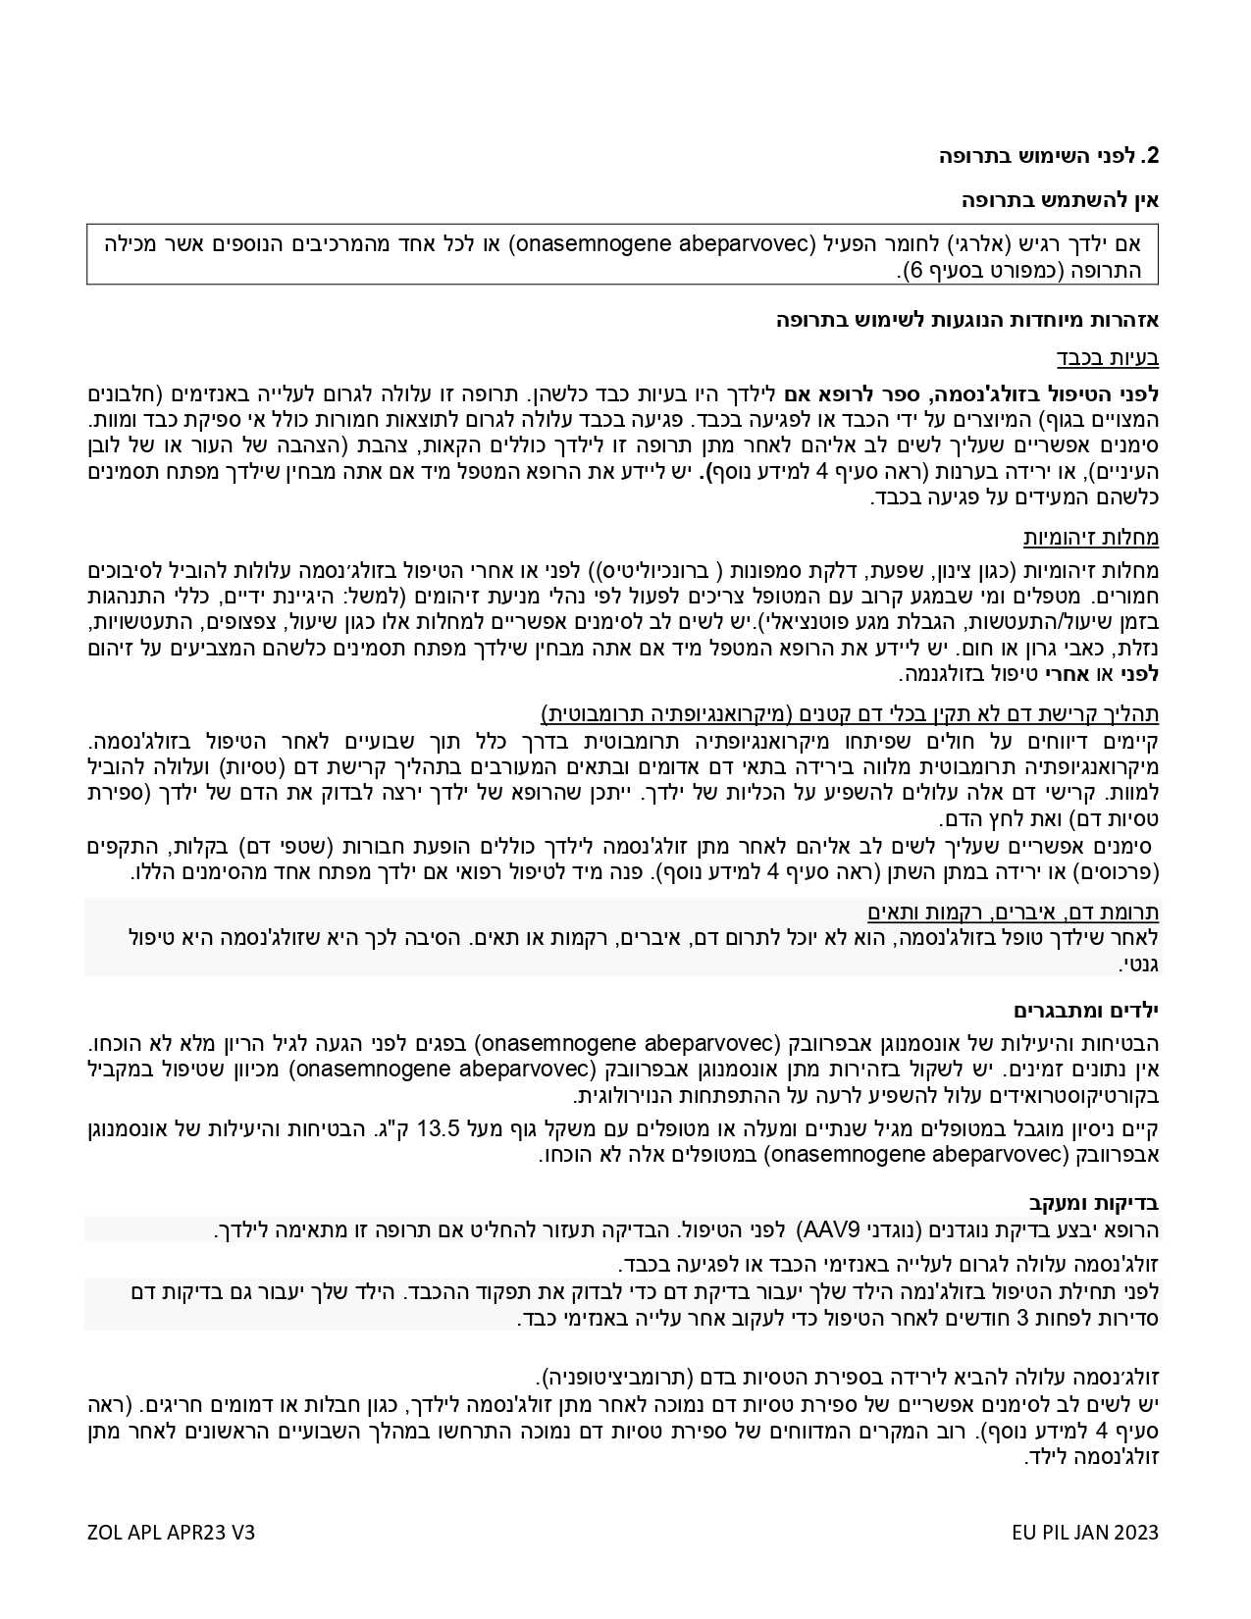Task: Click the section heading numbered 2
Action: pos(1049,156)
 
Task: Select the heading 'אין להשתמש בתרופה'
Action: pos(1060,201)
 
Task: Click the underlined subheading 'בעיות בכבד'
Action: pos(1108,357)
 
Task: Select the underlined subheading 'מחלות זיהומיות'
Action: pos(1091,537)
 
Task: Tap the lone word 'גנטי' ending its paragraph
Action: pos(1140,965)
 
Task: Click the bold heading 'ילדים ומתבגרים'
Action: pos(1086,1010)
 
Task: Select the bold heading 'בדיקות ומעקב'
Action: pos(1094,1202)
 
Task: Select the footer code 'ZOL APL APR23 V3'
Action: pos(171,1533)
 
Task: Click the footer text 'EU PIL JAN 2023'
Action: pos(1085,1533)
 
